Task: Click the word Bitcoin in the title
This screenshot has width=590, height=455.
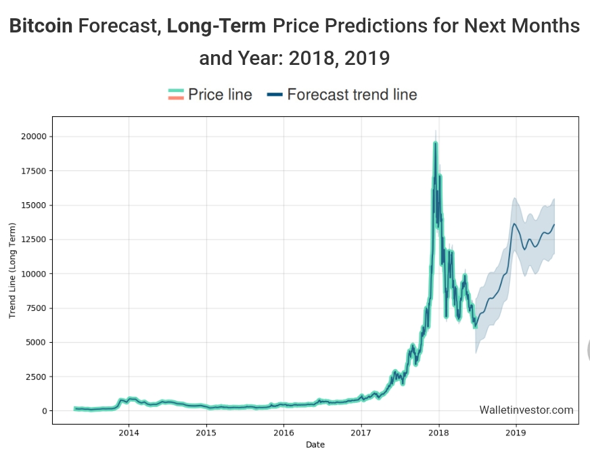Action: (41, 26)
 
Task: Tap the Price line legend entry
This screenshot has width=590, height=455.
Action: (210, 94)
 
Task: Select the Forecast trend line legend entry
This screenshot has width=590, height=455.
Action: (342, 94)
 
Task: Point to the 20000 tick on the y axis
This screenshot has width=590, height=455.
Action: (34, 137)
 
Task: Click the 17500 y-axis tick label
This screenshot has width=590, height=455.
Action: (34, 171)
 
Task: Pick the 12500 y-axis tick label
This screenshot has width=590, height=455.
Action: (34, 239)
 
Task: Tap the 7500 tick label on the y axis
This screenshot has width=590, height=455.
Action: (36, 308)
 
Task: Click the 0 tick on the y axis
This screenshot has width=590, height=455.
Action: (45, 411)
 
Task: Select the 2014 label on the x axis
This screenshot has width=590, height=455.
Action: (129, 433)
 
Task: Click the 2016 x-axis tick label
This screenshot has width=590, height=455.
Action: (284, 433)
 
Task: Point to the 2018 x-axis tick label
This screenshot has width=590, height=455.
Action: (439, 433)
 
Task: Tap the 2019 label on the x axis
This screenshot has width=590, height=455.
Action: (516, 433)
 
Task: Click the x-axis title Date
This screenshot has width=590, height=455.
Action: (315, 444)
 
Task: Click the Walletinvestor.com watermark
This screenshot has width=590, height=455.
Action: (526, 410)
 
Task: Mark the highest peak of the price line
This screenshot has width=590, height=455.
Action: (436, 143)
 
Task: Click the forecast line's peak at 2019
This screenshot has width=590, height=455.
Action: (515, 224)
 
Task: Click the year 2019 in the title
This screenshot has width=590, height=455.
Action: (367, 58)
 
